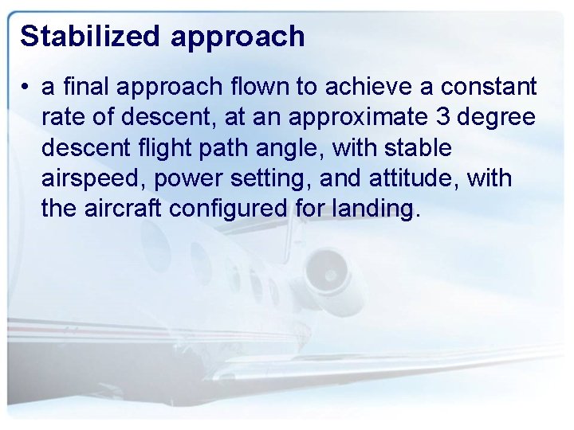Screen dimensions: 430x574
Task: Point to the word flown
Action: (x=270, y=86)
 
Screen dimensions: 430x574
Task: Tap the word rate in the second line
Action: (x=65, y=117)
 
